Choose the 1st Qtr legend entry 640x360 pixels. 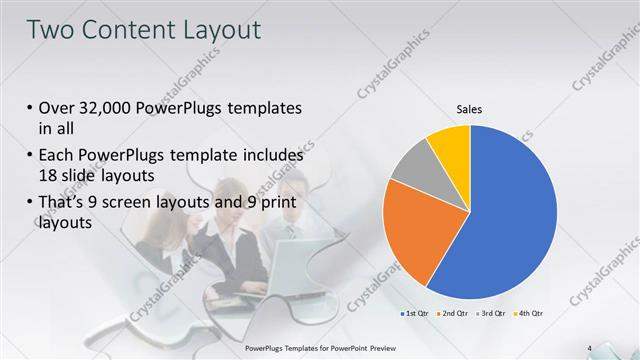[417, 314]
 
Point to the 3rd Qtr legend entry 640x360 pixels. [493, 314]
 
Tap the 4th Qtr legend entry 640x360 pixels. [530, 314]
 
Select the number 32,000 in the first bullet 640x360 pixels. [110, 108]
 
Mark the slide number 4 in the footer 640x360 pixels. [590, 348]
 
